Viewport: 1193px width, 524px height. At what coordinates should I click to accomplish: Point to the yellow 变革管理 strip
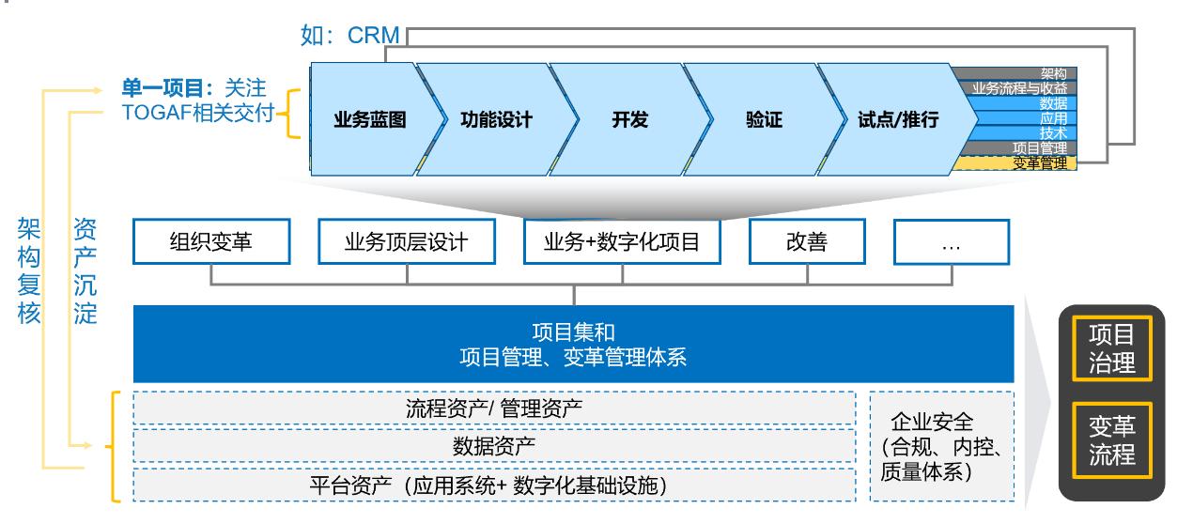(x=1015, y=163)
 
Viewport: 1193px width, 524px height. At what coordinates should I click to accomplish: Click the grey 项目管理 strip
(x=1015, y=148)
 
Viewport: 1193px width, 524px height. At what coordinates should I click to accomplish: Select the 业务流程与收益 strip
(x=1015, y=88)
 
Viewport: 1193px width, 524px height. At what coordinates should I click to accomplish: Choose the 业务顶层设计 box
(x=406, y=242)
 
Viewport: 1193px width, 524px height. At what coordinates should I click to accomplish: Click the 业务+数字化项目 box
(x=622, y=242)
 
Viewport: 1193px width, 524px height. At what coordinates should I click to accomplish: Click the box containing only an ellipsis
(x=950, y=242)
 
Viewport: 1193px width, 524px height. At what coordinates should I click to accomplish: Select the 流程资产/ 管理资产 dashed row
(x=495, y=408)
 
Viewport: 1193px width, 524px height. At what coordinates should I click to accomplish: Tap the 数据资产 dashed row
(x=495, y=446)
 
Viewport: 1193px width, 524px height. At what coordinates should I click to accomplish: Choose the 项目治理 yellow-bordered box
(x=1111, y=348)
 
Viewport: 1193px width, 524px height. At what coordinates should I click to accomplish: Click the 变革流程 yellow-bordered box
(x=1111, y=440)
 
